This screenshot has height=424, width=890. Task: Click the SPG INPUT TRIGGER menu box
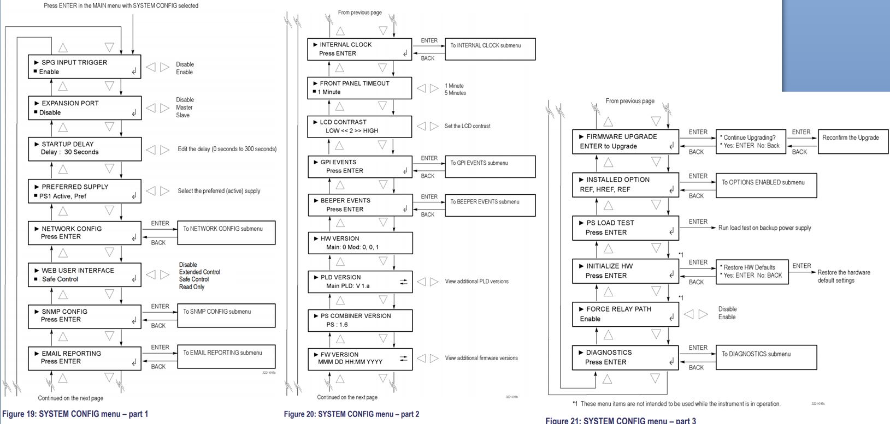point(85,67)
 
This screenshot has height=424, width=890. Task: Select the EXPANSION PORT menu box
point(85,108)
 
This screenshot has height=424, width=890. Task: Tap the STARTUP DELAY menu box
point(85,148)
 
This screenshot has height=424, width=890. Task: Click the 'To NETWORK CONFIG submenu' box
point(226,232)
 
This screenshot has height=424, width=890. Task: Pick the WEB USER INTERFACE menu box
point(85,274)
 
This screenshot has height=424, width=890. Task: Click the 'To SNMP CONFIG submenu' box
point(226,315)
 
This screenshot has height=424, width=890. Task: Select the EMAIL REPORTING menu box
point(85,357)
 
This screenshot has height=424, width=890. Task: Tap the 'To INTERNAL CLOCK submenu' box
point(490,49)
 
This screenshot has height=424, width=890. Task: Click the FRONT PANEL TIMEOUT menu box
point(359,88)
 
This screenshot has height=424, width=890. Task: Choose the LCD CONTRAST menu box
point(359,127)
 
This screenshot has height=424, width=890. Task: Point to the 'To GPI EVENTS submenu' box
point(490,166)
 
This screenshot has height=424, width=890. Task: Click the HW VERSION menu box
point(359,243)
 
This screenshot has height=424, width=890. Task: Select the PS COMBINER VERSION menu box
point(359,320)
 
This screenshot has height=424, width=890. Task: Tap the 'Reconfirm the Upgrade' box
point(853,141)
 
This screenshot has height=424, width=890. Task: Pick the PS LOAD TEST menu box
point(625,228)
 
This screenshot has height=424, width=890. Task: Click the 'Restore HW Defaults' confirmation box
point(752,271)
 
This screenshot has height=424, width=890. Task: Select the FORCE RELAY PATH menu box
point(625,314)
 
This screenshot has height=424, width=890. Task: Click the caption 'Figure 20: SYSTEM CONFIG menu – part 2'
point(351,414)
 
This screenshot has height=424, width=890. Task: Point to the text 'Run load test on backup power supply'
point(764,228)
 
